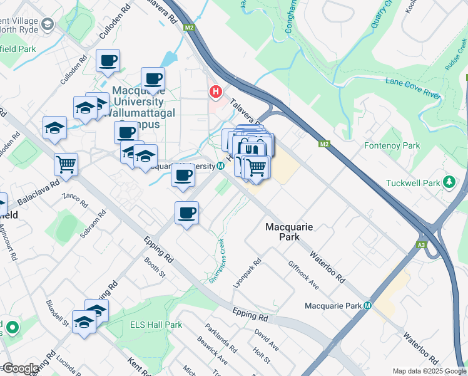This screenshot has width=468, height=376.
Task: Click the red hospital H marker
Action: click(x=216, y=93)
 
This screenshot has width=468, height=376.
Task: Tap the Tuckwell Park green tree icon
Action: click(x=448, y=182)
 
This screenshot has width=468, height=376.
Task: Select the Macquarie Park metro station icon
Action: click(x=368, y=306)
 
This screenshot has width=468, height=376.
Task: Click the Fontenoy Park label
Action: click(x=392, y=145)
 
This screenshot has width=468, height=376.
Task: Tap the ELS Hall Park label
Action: click(x=156, y=325)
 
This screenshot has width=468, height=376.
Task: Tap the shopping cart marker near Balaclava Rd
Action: click(x=66, y=164)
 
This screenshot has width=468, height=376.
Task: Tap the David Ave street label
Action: click(x=267, y=338)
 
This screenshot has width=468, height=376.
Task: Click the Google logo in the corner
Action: click(x=20, y=368)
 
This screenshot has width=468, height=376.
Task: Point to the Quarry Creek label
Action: click(x=384, y=13)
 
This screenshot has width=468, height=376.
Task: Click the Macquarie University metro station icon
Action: click(x=221, y=167)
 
